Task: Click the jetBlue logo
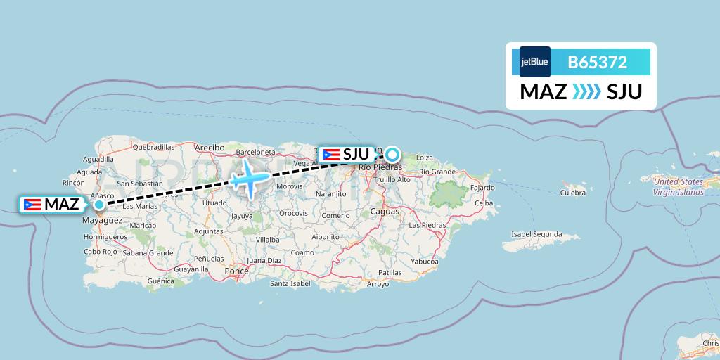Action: pyautogui.click(x=534, y=62)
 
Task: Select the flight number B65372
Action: pyautogui.click(x=597, y=62)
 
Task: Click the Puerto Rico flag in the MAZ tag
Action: pyautogui.click(x=31, y=205)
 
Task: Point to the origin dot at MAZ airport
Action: pyautogui.click(x=99, y=205)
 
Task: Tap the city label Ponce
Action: pyautogui.click(x=236, y=270)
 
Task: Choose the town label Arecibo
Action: pyautogui.click(x=210, y=148)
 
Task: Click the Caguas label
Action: pyautogui.click(x=385, y=211)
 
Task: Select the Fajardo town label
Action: pyautogui.click(x=482, y=188)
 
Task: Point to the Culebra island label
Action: pyautogui.click(x=573, y=192)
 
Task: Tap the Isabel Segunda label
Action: pyautogui.click(x=536, y=234)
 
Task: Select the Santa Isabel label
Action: pyautogui.click(x=290, y=284)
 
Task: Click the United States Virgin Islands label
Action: pyautogui.click(x=678, y=187)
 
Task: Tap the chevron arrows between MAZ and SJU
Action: pyautogui.click(x=586, y=91)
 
